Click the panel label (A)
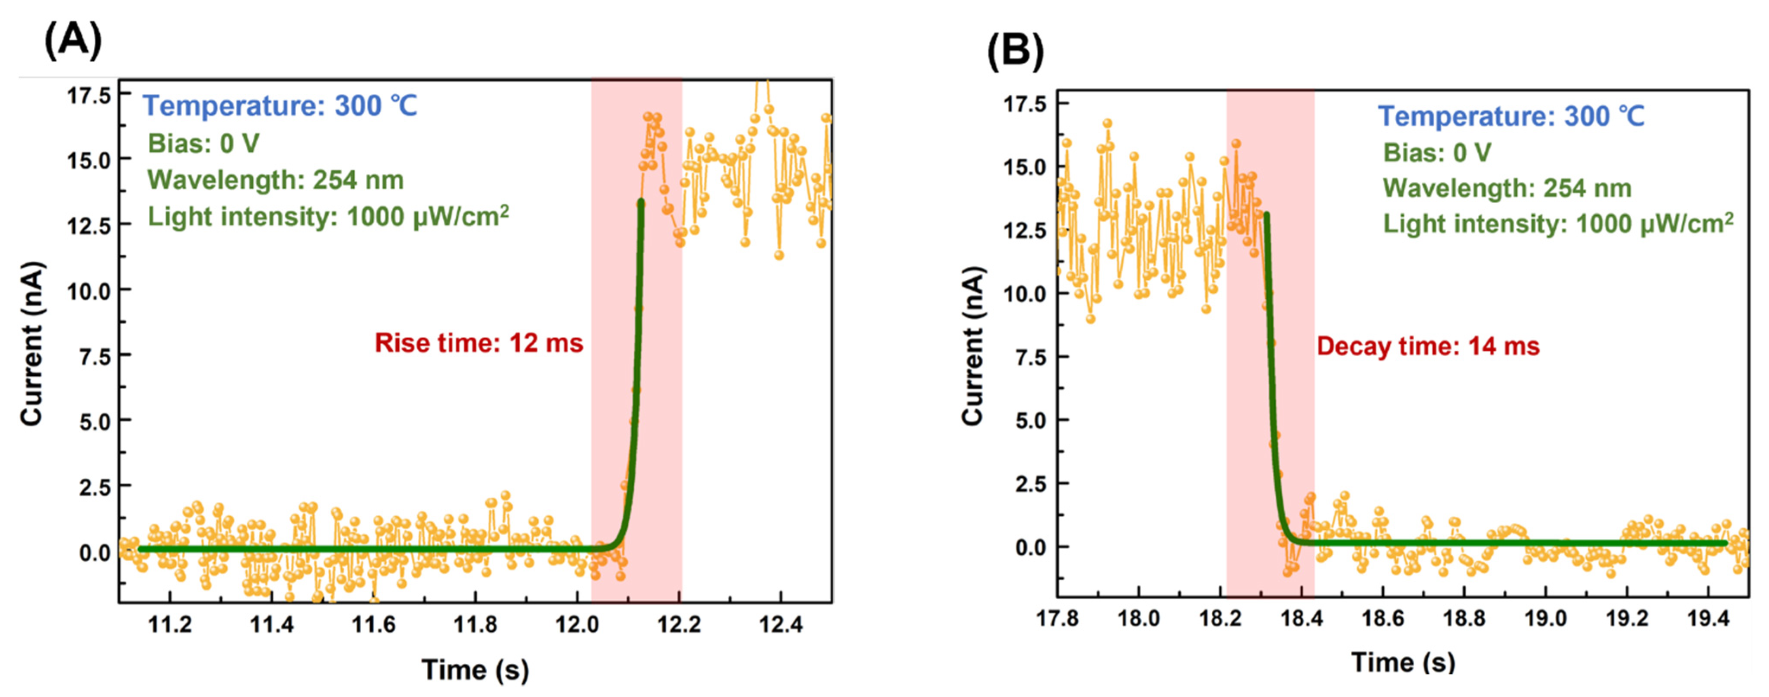coord(73,40)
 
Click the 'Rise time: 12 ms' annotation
coord(479,343)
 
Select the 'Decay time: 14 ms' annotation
coord(1428,346)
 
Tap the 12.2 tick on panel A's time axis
coord(679,624)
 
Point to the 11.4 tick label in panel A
coord(271,624)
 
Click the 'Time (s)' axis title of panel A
coord(475,669)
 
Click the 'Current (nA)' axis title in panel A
coord(32,344)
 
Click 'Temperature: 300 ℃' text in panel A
coord(279,106)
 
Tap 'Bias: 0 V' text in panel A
coord(203,144)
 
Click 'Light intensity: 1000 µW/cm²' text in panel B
coord(1557,224)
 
